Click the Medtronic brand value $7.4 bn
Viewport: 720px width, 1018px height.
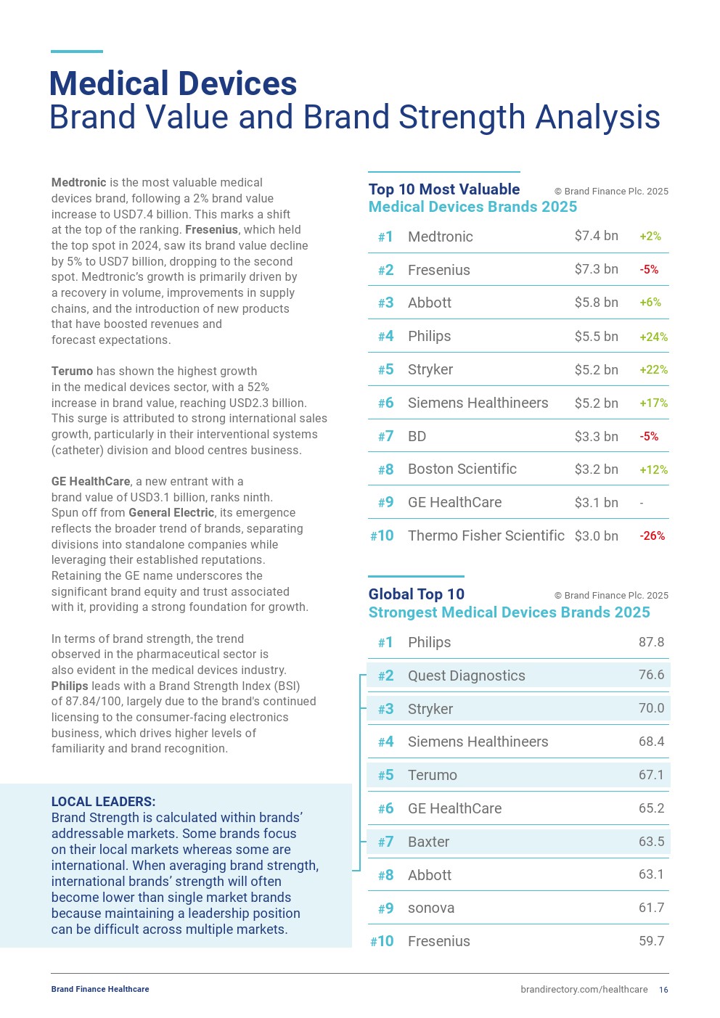596,236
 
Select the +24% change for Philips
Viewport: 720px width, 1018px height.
653,337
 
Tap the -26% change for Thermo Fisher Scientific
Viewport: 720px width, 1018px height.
652,536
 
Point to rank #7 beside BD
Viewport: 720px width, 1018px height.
385,436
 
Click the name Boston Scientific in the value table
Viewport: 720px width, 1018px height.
462,469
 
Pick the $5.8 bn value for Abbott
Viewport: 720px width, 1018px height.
596,303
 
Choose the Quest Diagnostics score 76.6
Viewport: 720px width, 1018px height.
651,675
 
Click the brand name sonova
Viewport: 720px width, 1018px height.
430,908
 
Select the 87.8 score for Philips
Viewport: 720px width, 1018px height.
651,642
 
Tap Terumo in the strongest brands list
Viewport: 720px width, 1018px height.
432,775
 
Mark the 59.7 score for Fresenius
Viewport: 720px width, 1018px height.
651,941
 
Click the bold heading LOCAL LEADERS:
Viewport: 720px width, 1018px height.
103,802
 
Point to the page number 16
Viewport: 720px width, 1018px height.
663,990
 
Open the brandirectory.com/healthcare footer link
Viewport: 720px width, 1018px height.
584,990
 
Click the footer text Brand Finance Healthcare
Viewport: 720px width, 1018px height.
100,989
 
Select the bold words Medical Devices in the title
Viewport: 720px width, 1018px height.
173,83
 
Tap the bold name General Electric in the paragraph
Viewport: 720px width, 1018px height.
171,513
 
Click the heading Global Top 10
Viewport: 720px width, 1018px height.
416,594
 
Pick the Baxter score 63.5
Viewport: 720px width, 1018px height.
651,842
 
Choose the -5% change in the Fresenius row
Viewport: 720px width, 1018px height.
649,270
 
